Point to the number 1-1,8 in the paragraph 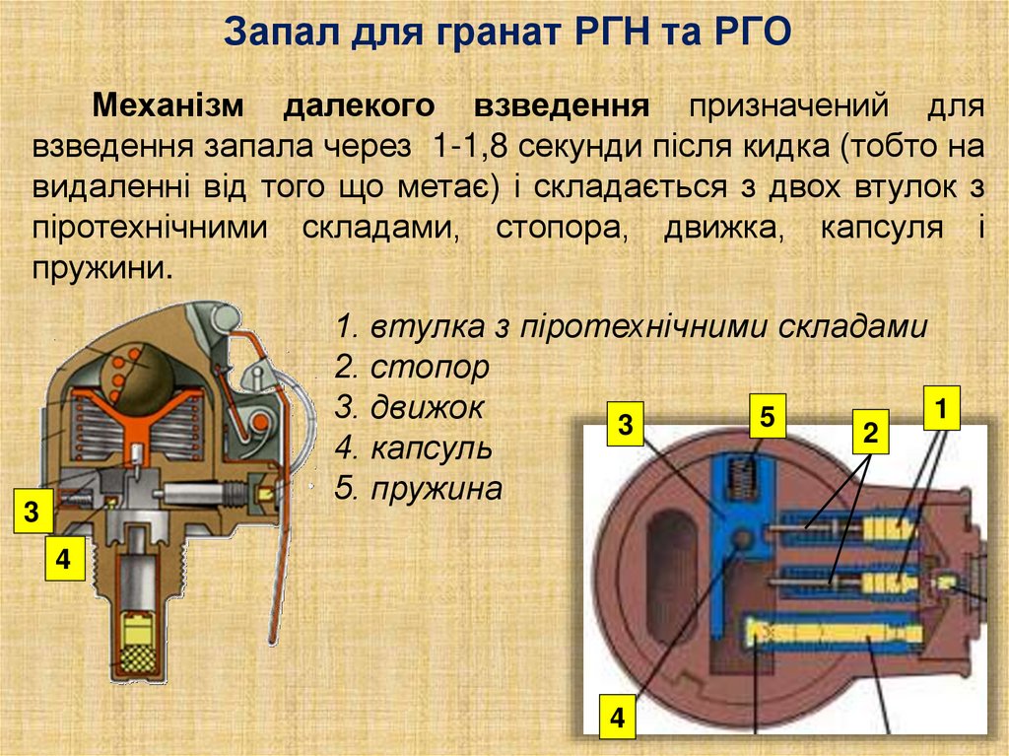point(468,147)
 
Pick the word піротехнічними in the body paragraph point(150,228)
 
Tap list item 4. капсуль point(414,448)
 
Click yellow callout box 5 point(768,417)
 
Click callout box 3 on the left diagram point(33,513)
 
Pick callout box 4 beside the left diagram point(63,559)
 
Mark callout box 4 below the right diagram point(617,715)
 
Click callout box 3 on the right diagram point(625,426)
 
